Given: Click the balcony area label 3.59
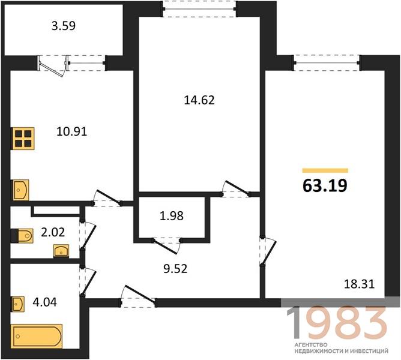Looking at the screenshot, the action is [x=64, y=26].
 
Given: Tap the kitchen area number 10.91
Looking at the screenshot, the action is [x=72, y=131].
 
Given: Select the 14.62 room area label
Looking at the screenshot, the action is [x=199, y=100].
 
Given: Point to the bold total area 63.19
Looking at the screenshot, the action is [x=325, y=185].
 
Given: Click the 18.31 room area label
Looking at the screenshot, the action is [x=360, y=284].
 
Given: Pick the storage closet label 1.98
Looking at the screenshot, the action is [x=172, y=216].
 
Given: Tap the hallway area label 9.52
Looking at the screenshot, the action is [x=175, y=269].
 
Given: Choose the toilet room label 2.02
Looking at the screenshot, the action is [x=53, y=232].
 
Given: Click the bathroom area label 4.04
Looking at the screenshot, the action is [x=45, y=302].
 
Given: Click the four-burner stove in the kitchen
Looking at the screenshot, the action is [x=22, y=139].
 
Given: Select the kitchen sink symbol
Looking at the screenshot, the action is [x=20, y=190].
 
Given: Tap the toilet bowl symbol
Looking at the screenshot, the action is [x=22, y=236].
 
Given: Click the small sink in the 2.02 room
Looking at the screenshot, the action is [x=61, y=251].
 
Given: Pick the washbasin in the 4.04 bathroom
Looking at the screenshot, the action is [x=17, y=304].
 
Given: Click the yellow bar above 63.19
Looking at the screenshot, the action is [x=325, y=170].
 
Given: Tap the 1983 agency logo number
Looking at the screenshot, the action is [x=336, y=323].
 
